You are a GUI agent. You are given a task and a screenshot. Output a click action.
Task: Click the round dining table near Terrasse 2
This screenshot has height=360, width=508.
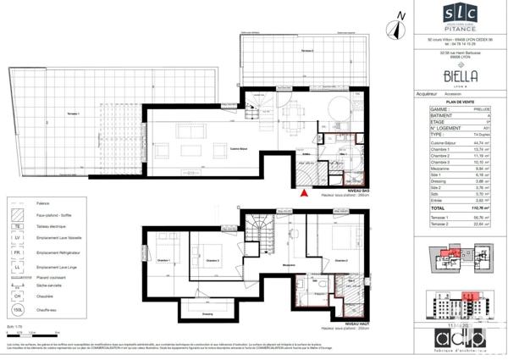point(335,110)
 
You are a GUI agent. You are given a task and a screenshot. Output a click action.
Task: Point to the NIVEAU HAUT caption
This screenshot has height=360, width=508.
point(356,323)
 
